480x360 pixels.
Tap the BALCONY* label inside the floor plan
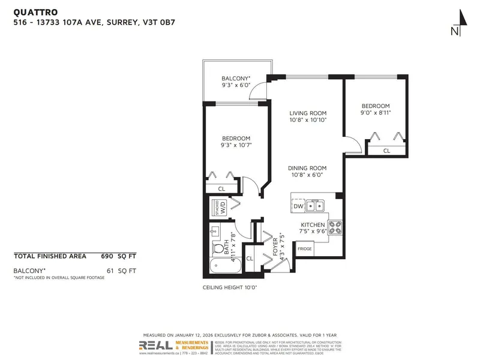[x=236, y=79]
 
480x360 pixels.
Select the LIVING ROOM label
[x=308, y=113]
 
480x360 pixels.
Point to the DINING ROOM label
[x=308, y=168]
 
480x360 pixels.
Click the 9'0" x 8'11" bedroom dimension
[x=375, y=112]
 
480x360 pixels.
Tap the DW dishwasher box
[x=298, y=206]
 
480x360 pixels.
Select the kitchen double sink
[x=316, y=206]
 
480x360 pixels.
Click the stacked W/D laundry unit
[x=218, y=209]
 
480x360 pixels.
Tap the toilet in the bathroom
[x=217, y=248]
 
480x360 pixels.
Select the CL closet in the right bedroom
[x=386, y=151]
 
